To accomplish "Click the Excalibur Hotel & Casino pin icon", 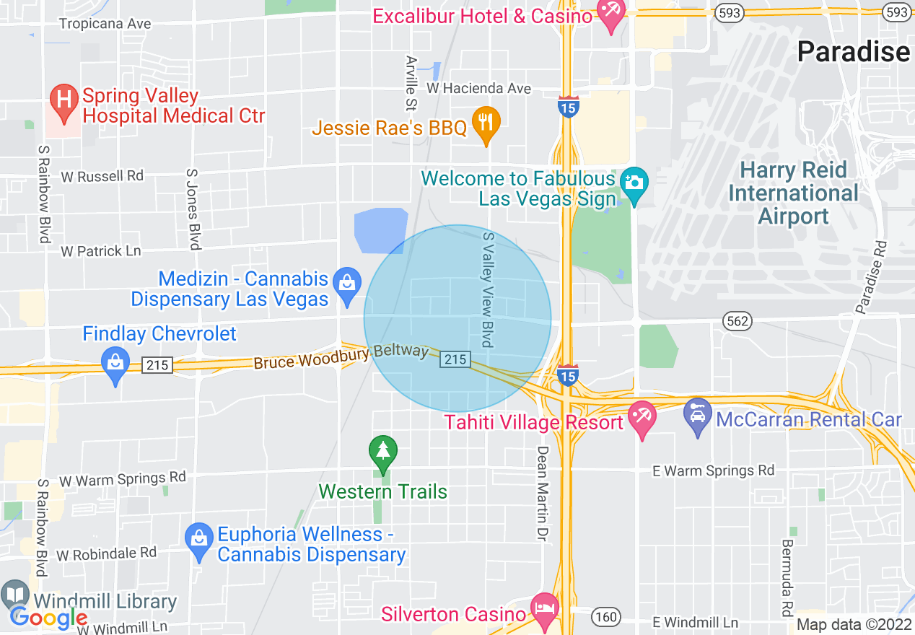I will pos(611,15).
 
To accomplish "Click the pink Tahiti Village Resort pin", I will pos(641,419).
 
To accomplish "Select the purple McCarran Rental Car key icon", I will pos(697,416).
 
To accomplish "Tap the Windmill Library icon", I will pos(15,596).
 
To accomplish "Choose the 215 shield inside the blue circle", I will pos(456,359).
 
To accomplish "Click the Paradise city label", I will pos(853,52).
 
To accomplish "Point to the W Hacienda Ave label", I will pos(478,88).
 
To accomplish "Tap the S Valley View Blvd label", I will pos(489,289).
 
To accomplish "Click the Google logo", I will pos(49,618).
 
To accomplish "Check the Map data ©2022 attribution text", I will pos(854,624).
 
